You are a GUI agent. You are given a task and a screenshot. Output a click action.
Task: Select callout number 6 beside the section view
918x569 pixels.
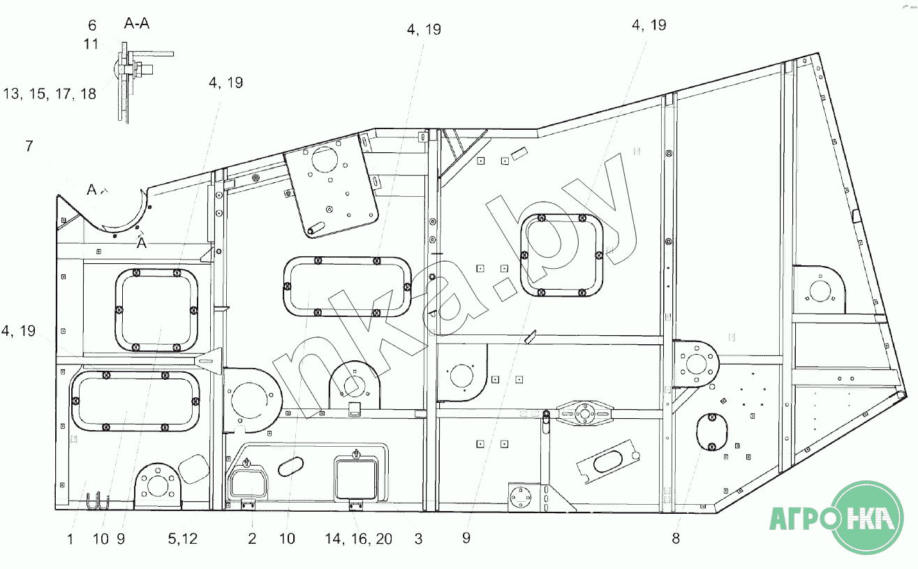[92, 26]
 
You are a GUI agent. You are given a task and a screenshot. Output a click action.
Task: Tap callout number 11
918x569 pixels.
[91, 44]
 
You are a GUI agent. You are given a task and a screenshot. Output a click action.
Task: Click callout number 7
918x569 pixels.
[29, 146]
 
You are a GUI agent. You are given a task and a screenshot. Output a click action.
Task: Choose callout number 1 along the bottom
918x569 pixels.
[70, 538]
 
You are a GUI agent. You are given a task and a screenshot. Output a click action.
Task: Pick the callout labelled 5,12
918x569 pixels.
[183, 538]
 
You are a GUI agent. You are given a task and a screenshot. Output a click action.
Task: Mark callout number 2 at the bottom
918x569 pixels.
[252, 538]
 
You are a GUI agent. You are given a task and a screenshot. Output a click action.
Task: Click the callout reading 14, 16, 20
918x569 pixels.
[359, 538]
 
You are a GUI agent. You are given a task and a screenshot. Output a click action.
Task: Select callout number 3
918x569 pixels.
[417, 538]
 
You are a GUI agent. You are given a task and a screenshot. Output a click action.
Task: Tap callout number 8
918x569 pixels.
[676, 538]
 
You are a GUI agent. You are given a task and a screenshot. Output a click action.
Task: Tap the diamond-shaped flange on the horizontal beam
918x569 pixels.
[584, 413]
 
